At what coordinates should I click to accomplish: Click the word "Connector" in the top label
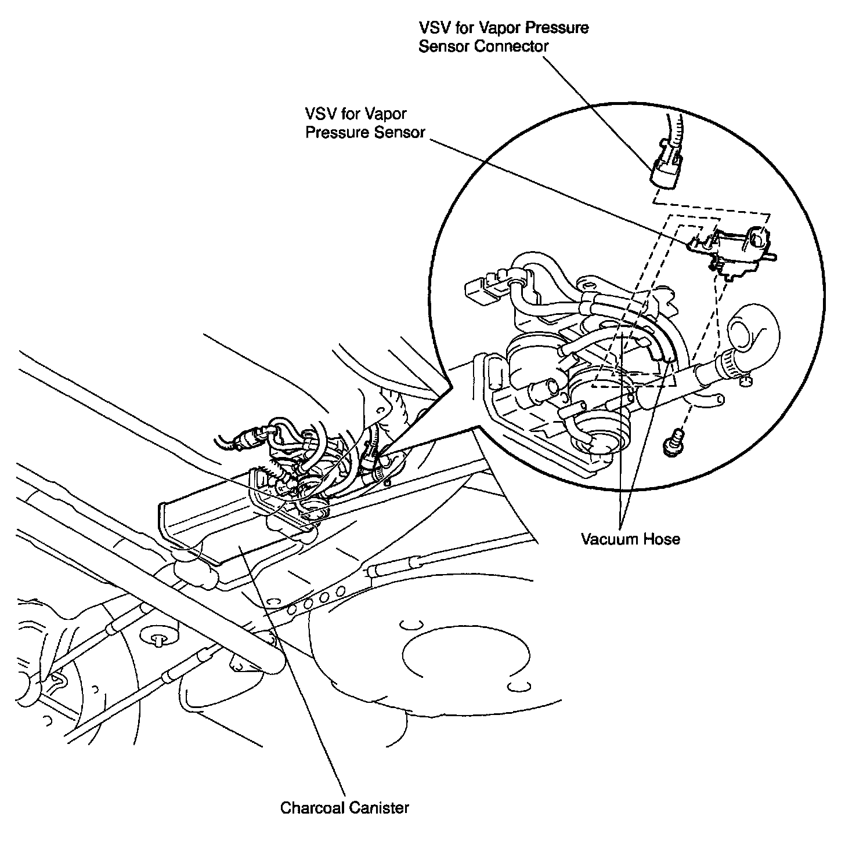click(511, 46)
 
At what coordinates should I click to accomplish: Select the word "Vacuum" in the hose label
click(611, 539)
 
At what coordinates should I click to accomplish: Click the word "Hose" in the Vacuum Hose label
click(662, 539)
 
